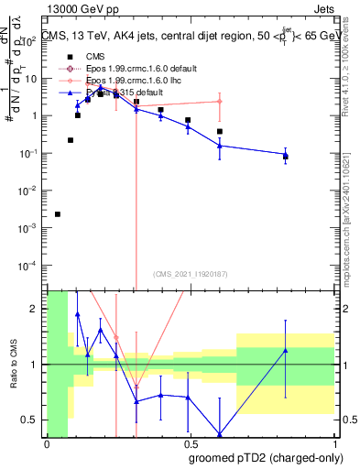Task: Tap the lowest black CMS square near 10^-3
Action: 58,214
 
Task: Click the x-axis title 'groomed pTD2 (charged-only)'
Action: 266,458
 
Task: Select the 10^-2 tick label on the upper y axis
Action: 31,191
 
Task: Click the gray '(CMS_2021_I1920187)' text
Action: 191,274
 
